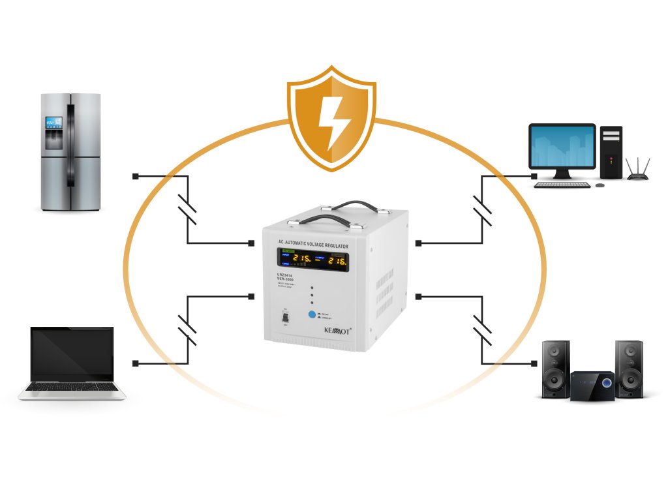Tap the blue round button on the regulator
pyautogui.click(x=312, y=315)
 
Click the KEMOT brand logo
pyautogui.click(x=338, y=330)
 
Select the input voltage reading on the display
pyautogui.click(x=302, y=260)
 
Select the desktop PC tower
pyautogui.click(x=611, y=152)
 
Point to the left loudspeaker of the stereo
pyautogui.click(x=554, y=369)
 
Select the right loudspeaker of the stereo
pyautogui.click(x=629, y=369)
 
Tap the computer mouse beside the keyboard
pyautogui.click(x=600, y=185)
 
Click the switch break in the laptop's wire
pyautogui.click(x=187, y=329)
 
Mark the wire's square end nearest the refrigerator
pyautogui.click(x=135, y=176)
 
